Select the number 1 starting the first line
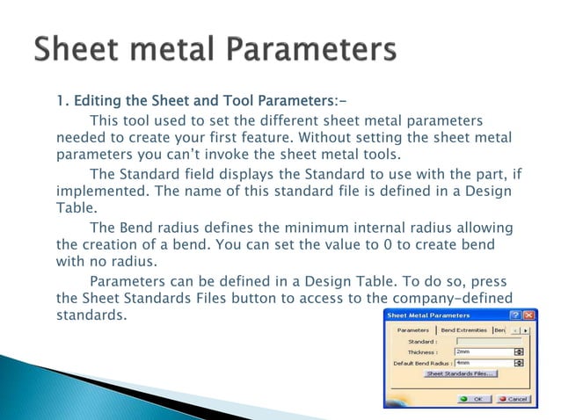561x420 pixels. tap(62, 99)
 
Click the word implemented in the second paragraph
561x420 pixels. tap(99, 192)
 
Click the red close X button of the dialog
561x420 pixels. tap(528, 315)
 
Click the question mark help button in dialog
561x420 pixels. tap(514, 315)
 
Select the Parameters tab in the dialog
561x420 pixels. tap(413, 329)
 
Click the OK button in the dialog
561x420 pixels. tap(476, 399)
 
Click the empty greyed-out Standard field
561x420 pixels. tap(488, 341)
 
